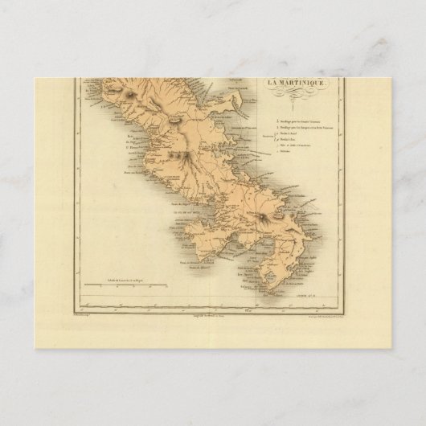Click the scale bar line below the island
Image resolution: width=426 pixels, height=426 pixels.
(x=129, y=305)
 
